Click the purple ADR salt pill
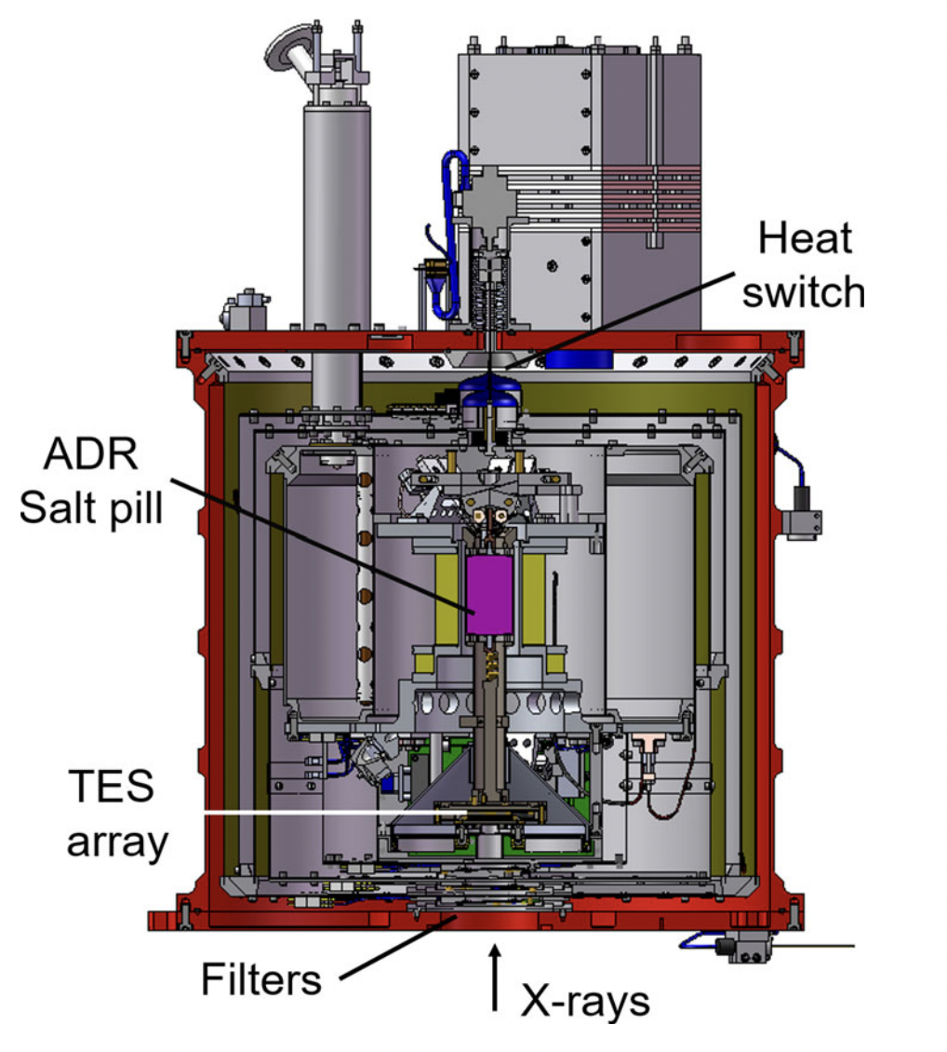click(495, 596)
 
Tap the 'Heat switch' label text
click(810, 265)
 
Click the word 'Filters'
click(261, 979)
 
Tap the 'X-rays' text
click(584, 1002)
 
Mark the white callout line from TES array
click(316, 813)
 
